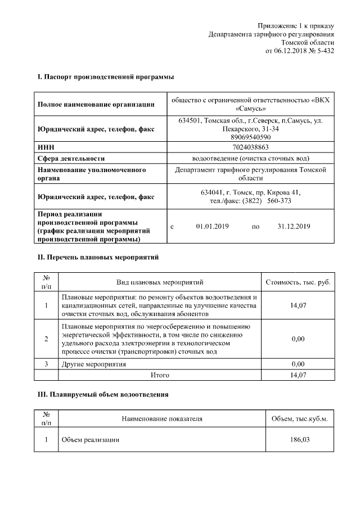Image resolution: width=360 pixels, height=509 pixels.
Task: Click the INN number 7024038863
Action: click(x=250, y=147)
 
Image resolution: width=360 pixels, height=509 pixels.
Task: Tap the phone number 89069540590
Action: click(x=250, y=137)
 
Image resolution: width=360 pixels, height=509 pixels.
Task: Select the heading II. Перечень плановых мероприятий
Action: click(x=97, y=258)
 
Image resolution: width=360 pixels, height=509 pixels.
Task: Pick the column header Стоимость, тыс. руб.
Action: click(x=298, y=282)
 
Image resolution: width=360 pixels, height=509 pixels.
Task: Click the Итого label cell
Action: click(x=160, y=375)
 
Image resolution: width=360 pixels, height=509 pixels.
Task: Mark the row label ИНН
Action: click(x=45, y=147)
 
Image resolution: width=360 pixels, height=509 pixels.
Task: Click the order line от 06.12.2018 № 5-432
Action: click(x=299, y=51)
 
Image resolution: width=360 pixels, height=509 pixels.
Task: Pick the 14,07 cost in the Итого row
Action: click(x=298, y=375)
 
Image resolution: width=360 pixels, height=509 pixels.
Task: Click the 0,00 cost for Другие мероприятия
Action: click(x=298, y=364)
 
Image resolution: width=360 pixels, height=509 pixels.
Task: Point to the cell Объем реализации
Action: click(x=90, y=440)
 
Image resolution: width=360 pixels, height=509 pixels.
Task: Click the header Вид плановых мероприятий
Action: click(x=160, y=282)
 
